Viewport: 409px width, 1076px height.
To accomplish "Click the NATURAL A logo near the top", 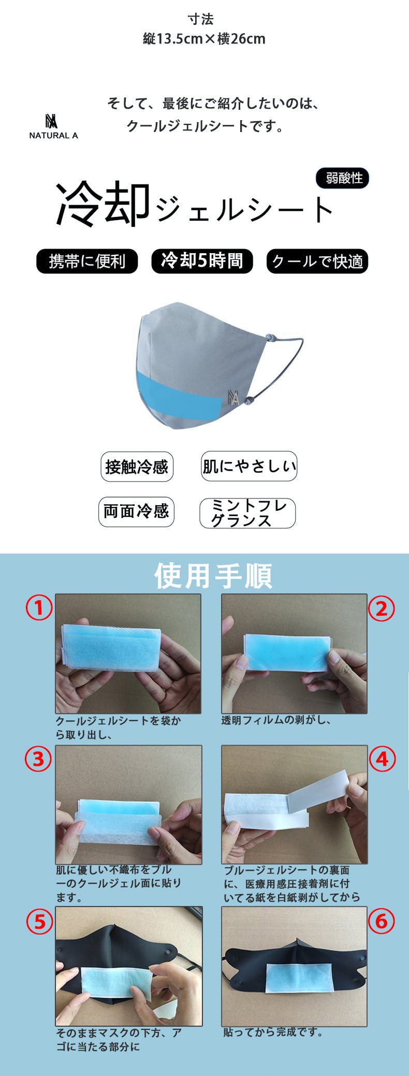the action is [53, 126].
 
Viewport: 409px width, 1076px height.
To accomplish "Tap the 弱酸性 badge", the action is [342, 178].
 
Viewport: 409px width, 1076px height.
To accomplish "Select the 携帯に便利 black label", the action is [87, 261].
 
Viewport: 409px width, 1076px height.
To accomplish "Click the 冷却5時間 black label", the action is [202, 260].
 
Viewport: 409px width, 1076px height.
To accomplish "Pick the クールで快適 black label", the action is [317, 261].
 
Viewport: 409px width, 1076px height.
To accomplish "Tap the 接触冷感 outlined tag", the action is [137, 467].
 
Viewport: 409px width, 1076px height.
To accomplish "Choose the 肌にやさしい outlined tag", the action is [249, 466].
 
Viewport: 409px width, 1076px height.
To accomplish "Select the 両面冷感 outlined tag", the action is [136, 512].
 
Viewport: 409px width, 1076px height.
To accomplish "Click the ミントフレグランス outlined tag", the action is [247, 513].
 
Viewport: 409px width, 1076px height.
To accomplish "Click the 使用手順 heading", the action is [213, 575].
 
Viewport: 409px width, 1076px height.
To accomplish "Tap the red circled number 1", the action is [39, 607].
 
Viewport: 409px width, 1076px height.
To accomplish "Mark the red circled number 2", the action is [382, 608].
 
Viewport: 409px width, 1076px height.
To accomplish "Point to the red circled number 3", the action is [39, 759].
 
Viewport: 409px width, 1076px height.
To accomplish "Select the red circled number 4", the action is [382, 759].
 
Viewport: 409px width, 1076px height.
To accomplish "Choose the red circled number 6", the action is [382, 921].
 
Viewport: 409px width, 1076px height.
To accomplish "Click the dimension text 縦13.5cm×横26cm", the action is [204, 39].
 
